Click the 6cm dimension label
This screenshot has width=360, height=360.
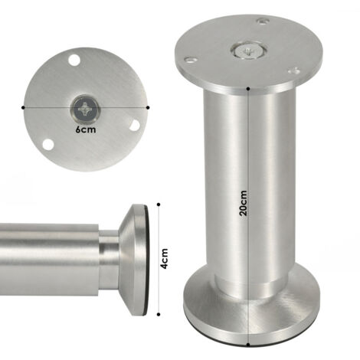click(x=86, y=129)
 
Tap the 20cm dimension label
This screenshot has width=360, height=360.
click(x=244, y=203)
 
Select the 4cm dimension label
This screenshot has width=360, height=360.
click(x=164, y=258)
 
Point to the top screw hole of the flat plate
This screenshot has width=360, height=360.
click(x=74, y=60)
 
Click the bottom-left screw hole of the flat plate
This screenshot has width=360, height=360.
click(x=48, y=144)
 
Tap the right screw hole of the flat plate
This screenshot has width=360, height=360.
click(x=135, y=125)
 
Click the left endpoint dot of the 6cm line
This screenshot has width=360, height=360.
click(x=23, y=108)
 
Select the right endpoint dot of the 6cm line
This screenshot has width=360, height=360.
click(x=148, y=108)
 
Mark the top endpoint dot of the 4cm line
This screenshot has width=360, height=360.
click(x=159, y=205)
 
